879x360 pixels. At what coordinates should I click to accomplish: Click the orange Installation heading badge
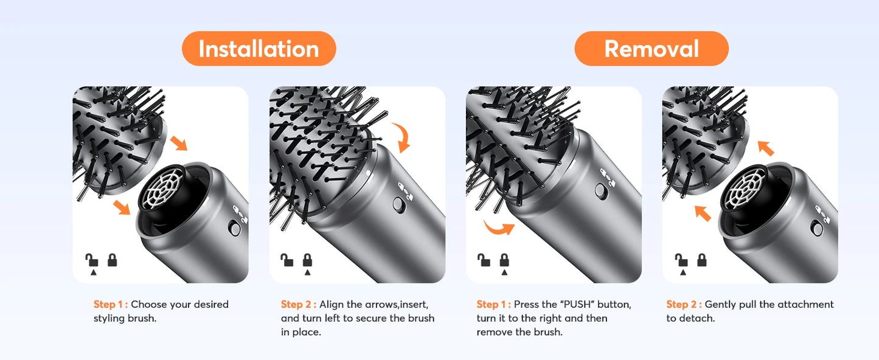[259, 49]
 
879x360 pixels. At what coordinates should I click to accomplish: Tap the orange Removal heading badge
[651, 49]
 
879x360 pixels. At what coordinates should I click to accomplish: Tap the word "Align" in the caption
[332, 305]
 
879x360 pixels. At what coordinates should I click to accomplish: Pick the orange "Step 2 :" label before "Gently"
[684, 305]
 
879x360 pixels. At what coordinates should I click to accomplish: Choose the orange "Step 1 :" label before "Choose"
[111, 305]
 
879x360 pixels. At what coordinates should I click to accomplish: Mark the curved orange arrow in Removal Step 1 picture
[498, 227]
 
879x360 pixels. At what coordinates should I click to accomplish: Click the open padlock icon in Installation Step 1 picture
[92, 261]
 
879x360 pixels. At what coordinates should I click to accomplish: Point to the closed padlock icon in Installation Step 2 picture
[307, 260]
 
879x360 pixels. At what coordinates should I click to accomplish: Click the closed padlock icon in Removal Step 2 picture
[701, 260]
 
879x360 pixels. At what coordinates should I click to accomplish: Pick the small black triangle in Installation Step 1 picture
[92, 273]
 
